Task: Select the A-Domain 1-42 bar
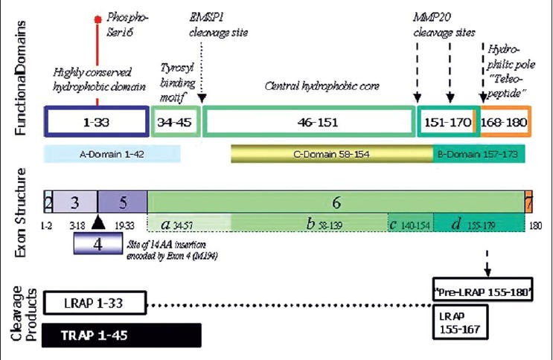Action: tap(112, 154)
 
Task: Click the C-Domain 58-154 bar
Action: tap(332, 154)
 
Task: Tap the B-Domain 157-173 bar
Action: tap(480, 154)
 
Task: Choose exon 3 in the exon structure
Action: tap(74, 202)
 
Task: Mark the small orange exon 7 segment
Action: tap(528, 202)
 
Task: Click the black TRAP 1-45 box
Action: tap(122, 335)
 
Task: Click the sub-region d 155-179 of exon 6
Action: tap(479, 222)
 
